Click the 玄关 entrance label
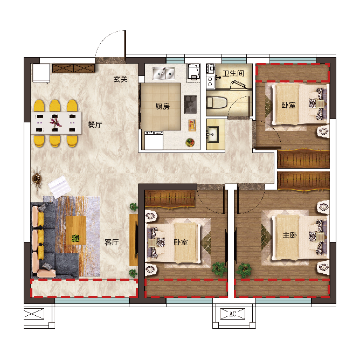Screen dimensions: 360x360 [120, 80]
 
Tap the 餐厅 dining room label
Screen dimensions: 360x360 [95, 124]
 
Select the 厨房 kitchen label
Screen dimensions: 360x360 [162, 107]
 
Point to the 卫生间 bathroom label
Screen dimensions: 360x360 [233, 73]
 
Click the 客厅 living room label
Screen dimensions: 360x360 [112, 243]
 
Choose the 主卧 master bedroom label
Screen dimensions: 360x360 [289, 235]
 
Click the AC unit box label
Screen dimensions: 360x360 [233, 314]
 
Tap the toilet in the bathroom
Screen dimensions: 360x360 [218, 102]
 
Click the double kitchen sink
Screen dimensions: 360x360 [163, 72]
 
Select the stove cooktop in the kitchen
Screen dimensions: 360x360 [190, 104]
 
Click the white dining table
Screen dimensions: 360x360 [56, 122]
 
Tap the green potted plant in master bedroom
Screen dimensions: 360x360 [244, 269]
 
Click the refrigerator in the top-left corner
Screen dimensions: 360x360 [41, 73]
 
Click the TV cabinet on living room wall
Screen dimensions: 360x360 [133, 240]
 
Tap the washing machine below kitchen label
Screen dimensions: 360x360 [153, 140]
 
